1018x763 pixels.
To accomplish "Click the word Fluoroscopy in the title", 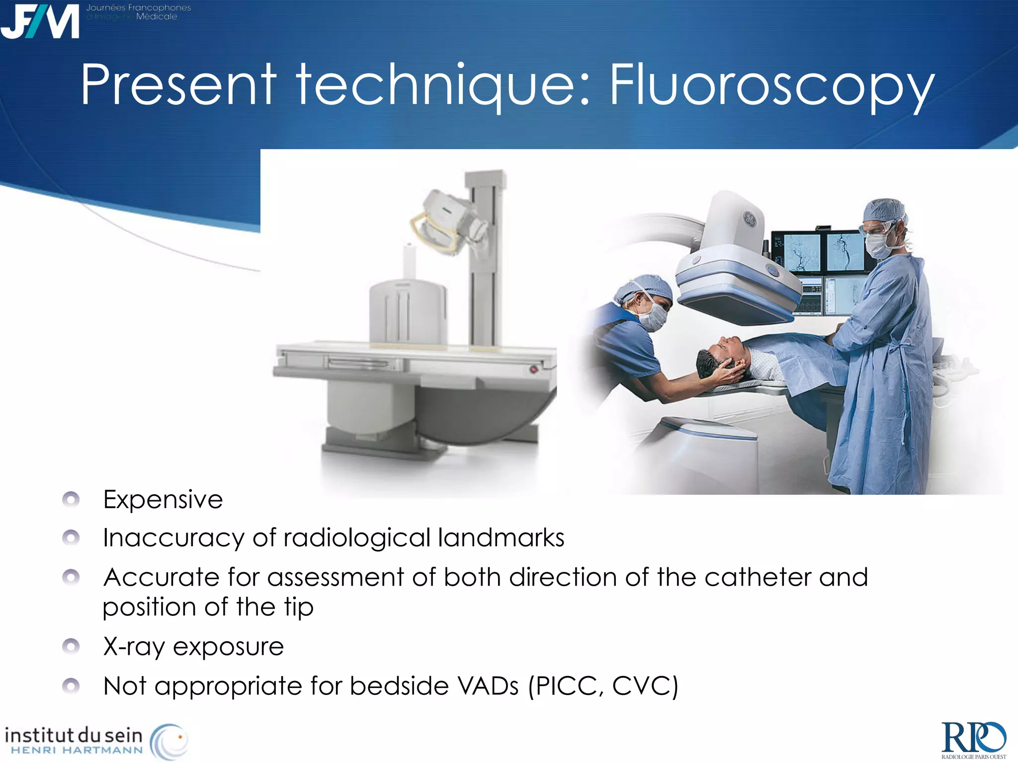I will coord(771,85).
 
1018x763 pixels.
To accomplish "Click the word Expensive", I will coord(163,500).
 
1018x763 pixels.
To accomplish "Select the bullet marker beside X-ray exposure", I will coord(71,646).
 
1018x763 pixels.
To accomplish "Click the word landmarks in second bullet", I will coord(501,538).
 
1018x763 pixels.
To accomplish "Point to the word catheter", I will coord(758,578).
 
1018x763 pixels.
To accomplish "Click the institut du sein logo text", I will coord(74,735).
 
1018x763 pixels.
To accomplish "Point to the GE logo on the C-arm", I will coord(749,218).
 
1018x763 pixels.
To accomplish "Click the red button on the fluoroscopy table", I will coord(533,369).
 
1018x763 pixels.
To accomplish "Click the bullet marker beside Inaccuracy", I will coord(71,537).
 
